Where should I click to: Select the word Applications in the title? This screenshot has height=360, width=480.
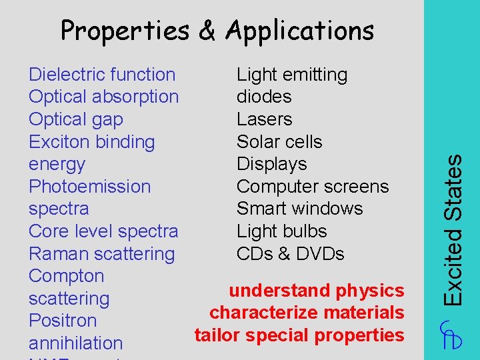[299, 31]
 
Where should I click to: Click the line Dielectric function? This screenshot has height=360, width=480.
[102, 75]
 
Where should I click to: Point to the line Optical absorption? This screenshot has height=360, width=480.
[103, 97]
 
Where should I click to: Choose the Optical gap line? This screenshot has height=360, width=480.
[76, 119]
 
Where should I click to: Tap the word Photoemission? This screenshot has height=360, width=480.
[89, 187]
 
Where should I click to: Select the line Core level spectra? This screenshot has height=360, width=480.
[103, 231]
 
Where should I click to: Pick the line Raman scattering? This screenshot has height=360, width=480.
[101, 254]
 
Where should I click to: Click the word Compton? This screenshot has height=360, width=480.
[67, 276]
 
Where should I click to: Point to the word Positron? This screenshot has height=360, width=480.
[63, 321]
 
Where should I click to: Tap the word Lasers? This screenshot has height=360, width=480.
[265, 119]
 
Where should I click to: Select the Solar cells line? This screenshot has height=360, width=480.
[279, 142]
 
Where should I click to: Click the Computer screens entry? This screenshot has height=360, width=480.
[313, 187]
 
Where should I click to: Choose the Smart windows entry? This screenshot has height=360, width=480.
[300, 209]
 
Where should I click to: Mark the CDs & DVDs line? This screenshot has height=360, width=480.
[291, 254]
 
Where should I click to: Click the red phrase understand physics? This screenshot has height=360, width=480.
[317, 291]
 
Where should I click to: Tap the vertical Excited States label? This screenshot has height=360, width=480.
[453, 230]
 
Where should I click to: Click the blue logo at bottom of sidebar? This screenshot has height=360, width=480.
[451, 334]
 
